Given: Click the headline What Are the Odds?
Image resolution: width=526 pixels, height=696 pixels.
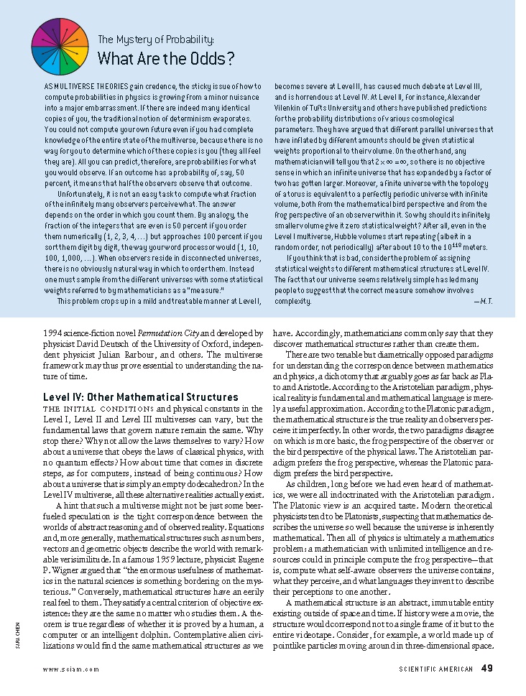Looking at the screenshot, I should click(x=165, y=58).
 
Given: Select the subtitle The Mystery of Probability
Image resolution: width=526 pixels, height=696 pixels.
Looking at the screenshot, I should click(x=155, y=40).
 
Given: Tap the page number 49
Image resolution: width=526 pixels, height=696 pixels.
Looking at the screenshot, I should click(x=487, y=669).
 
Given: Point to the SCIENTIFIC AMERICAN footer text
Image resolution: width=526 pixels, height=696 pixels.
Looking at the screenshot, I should click(x=436, y=669).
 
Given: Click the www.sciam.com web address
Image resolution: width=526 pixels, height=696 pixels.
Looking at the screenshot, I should click(x=71, y=669).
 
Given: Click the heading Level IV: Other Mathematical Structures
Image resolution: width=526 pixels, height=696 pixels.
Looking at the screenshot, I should click(x=141, y=397).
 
